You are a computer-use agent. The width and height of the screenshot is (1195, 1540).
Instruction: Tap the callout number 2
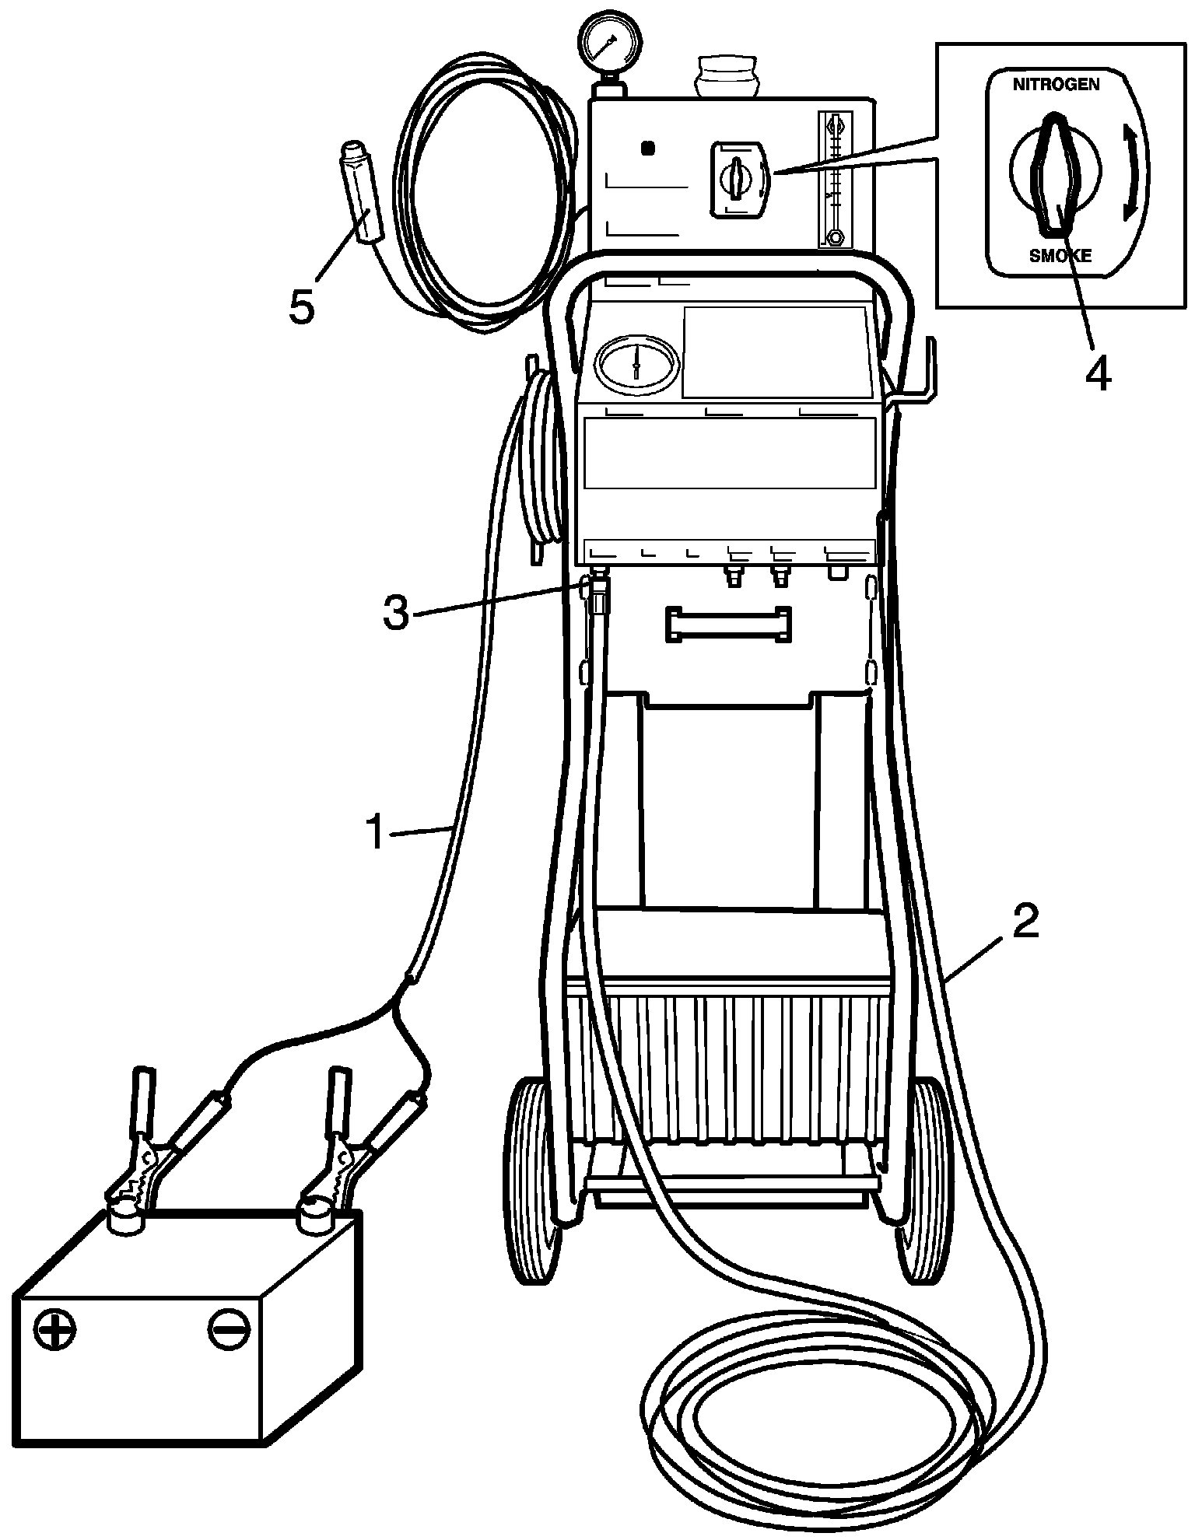(1024, 924)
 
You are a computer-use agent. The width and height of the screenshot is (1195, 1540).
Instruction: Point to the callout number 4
(1098, 374)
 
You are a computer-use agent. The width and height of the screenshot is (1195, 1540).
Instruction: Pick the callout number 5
(302, 306)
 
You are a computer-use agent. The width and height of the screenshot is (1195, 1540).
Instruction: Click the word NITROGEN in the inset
(1056, 85)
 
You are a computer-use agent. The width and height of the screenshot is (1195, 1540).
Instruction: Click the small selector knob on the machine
(735, 177)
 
